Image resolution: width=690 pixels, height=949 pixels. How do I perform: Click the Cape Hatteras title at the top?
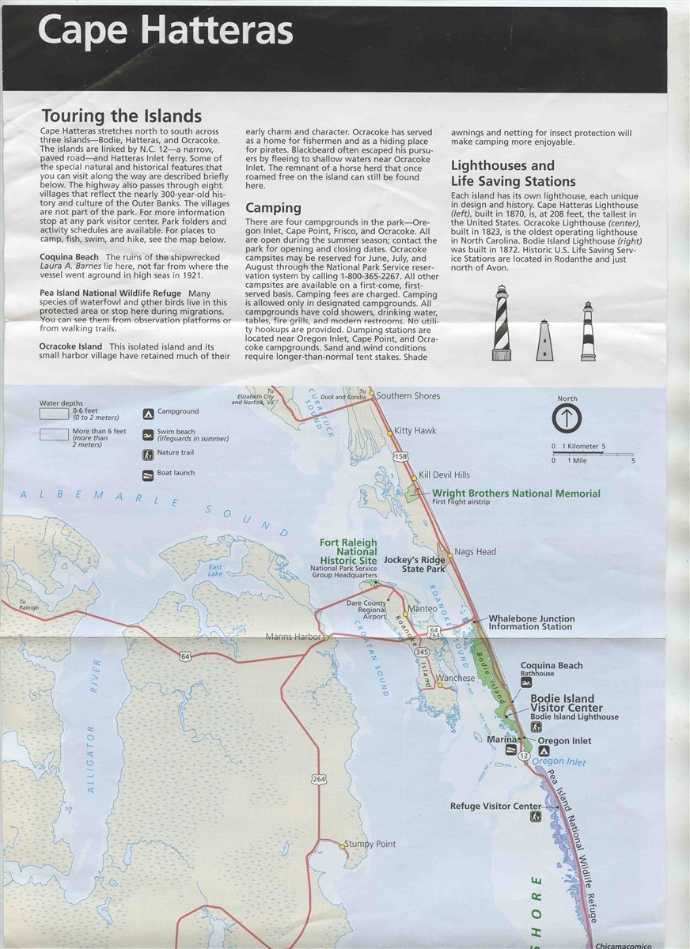coord(165,32)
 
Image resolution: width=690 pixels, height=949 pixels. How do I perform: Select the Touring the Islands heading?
coord(121,116)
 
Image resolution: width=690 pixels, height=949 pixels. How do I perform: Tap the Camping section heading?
coord(273,208)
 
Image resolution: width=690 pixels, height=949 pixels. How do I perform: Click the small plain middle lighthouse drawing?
coord(544,339)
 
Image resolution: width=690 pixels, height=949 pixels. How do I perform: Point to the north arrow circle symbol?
coord(567,418)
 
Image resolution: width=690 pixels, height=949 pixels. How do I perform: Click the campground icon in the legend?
coord(148,413)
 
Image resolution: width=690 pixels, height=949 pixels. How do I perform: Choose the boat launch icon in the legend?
coord(148,475)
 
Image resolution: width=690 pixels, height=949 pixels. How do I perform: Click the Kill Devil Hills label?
coord(445,475)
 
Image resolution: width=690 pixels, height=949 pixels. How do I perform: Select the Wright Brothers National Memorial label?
coord(516,493)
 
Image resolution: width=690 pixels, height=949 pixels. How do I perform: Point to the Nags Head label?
coord(475,551)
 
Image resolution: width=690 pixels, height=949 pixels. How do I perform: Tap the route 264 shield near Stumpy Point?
coord(318,779)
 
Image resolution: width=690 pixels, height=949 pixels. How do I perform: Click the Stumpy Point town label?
coord(370,845)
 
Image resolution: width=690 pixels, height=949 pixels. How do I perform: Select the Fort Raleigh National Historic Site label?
coord(348,551)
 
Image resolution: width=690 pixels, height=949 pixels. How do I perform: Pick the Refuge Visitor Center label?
coord(495,807)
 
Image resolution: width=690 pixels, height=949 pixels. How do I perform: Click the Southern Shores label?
coord(408,395)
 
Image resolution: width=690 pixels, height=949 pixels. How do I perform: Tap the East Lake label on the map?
coord(215,569)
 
